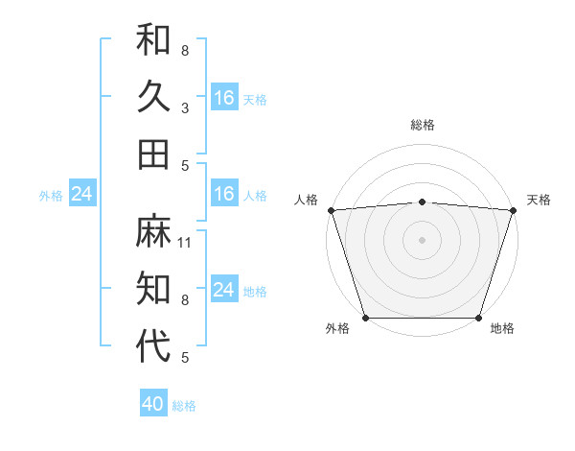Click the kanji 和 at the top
click(x=153, y=39)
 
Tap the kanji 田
click(x=153, y=154)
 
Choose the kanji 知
click(x=153, y=288)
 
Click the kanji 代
click(x=153, y=345)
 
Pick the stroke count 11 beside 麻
click(x=185, y=242)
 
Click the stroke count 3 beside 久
click(x=185, y=107)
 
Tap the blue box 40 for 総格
click(x=153, y=405)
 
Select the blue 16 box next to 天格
click(x=224, y=97)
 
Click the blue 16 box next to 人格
click(x=224, y=194)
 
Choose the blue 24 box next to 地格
click(x=224, y=290)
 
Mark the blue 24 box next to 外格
click(x=81, y=194)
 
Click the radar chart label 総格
click(x=422, y=125)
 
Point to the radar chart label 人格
click(x=306, y=200)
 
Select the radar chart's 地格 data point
click(x=478, y=318)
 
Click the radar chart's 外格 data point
click(x=365, y=318)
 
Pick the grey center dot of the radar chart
click(x=422, y=239)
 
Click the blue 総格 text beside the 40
click(x=184, y=406)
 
